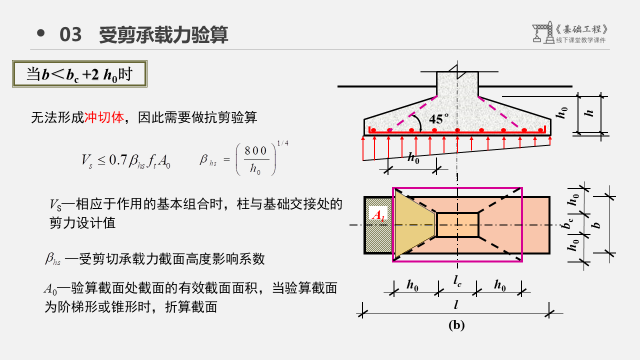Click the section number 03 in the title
pos(70,34)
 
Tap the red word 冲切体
pos(103,118)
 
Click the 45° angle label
pos(438,119)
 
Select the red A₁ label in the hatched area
pos(377,215)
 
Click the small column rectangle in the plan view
pos(457,225)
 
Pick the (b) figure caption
pos(456,325)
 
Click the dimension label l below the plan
pos(456,304)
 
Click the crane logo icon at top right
pos(541,32)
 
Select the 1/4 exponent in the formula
pos(283,143)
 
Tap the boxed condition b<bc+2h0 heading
pos(79,74)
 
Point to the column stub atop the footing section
pos(457,82)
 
